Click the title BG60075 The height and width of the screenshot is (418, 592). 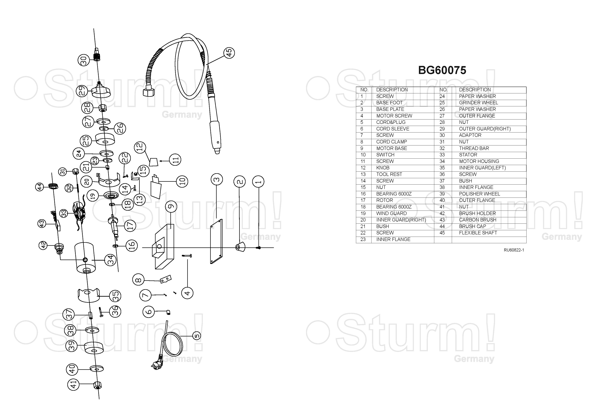[x=442, y=70]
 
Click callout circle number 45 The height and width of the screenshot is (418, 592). [x=229, y=53]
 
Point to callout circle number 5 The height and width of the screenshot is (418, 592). [x=197, y=336]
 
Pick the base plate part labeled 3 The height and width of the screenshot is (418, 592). [x=216, y=241]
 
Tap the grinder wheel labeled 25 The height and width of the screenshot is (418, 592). [x=105, y=139]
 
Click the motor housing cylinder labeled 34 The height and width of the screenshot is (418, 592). [x=85, y=258]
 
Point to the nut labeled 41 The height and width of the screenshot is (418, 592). [x=98, y=385]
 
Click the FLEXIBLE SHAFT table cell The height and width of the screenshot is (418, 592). [x=478, y=233]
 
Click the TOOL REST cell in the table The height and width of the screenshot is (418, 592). [x=389, y=174]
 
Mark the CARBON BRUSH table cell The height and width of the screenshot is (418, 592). [x=477, y=220]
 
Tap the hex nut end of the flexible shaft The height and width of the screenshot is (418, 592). [x=149, y=92]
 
